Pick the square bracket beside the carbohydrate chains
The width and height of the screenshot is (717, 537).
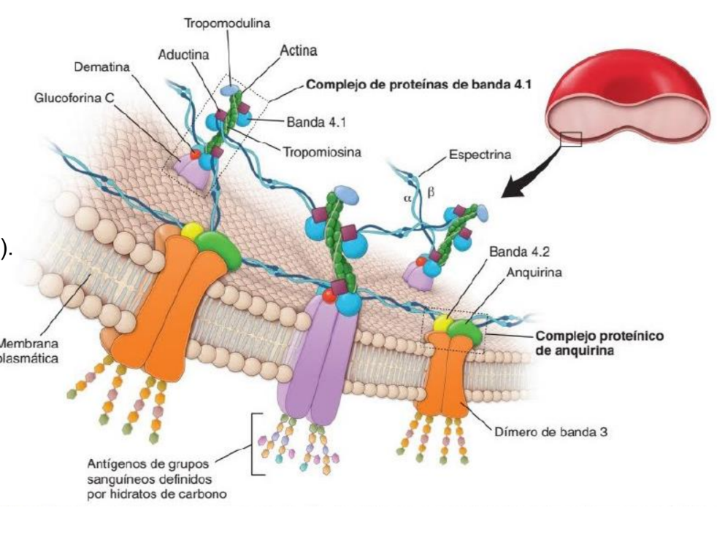coord(256,444)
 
